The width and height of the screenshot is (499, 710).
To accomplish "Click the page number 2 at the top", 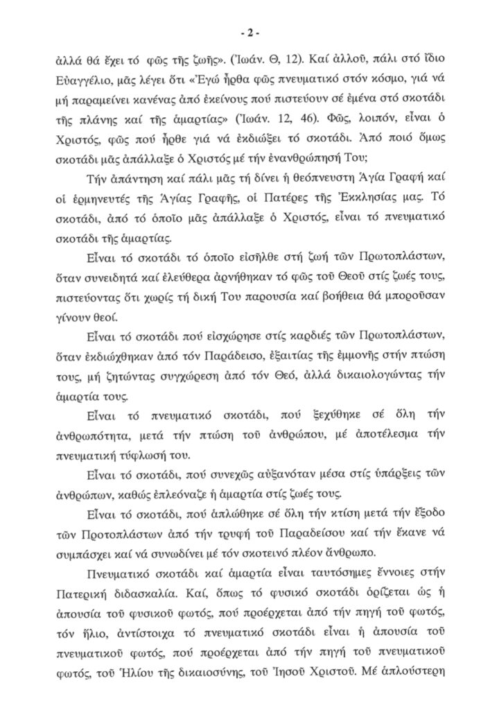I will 249,33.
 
